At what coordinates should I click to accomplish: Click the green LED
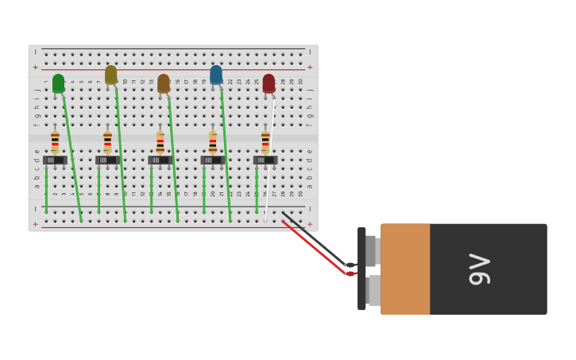58,83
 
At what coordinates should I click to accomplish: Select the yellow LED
110,74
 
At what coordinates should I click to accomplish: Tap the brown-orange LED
163,83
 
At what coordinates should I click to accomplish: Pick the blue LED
216,74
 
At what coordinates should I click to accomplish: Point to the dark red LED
269,83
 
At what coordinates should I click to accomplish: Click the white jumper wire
270,159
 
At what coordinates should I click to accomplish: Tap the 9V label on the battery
480,269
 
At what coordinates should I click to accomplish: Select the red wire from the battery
314,246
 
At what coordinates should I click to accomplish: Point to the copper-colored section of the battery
405,269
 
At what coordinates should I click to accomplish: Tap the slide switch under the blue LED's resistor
212,160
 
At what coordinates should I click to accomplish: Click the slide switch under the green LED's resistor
55,160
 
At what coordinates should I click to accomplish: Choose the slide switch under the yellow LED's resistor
107,160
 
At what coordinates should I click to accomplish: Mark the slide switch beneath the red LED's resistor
265,160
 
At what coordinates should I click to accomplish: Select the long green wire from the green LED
72,155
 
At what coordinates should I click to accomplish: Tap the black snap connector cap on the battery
361,269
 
